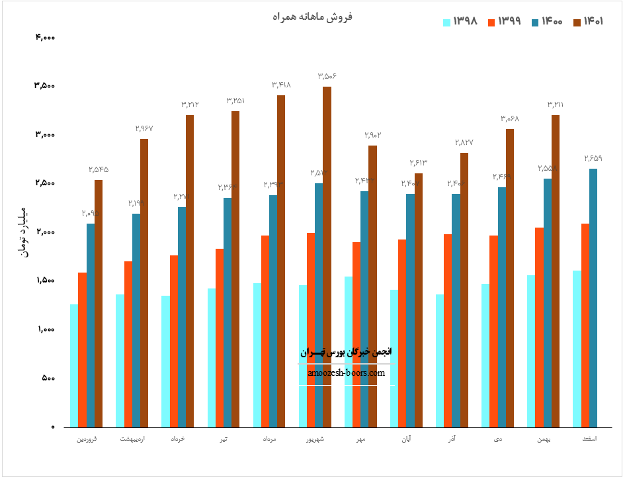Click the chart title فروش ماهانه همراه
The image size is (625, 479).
313,17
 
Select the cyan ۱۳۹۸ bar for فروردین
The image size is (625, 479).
74,365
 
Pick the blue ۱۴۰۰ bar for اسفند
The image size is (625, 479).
593,298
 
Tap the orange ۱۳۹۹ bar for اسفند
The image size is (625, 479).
585,325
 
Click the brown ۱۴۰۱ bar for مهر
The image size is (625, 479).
372,286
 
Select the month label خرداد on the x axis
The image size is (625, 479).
177,439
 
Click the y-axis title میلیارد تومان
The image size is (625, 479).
26,232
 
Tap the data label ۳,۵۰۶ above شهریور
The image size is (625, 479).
327,77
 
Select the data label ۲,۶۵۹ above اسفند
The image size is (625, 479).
593,158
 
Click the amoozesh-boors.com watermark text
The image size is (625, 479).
346,372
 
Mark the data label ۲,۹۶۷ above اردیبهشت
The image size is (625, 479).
144,128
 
